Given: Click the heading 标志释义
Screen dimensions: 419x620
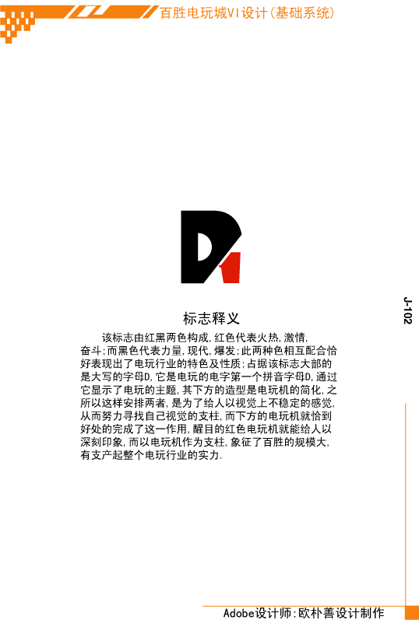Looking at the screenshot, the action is (x=211, y=318).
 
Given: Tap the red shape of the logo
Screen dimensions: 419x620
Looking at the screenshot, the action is (x=231, y=268).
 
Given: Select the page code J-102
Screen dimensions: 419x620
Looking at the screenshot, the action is (x=408, y=310).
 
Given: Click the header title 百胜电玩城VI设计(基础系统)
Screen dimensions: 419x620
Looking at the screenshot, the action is (x=248, y=13).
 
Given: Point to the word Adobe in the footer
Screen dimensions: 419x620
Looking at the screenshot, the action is (x=239, y=613).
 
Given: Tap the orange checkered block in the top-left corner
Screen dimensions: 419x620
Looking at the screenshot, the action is (x=17, y=25).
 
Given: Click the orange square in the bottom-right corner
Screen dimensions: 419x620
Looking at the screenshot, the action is (x=412, y=613).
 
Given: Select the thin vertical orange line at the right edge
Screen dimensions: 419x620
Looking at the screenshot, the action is (x=406, y=505).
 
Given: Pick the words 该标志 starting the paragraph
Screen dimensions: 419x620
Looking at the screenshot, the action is (x=118, y=338).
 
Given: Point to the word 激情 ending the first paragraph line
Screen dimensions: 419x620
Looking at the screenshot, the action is (x=294, y=338).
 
